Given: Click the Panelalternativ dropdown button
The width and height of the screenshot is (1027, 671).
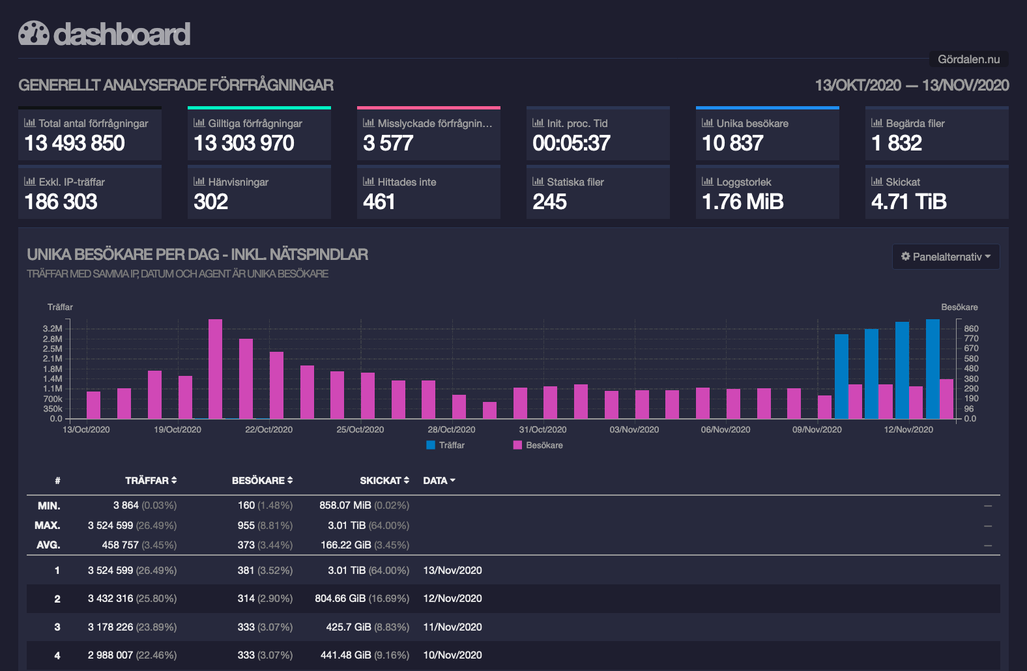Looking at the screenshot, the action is [x=946, y=257].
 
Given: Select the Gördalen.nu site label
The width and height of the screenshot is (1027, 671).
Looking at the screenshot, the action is [x=968, y=59].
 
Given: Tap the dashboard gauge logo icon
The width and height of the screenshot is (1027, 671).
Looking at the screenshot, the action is [x=33, y=33].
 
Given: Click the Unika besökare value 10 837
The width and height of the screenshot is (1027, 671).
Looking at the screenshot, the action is [x=732, y=143].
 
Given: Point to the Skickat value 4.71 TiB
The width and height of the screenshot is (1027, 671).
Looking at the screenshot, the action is [x=908, y=202].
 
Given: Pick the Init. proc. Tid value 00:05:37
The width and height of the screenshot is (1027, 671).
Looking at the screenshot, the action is [x=571, y=143].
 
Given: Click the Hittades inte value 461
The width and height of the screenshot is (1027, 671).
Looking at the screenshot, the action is [x=379, y=202].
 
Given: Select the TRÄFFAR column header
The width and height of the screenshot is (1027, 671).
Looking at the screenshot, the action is [x=151, y=480].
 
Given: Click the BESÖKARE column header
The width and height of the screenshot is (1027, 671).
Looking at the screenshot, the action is [x=262, y=480].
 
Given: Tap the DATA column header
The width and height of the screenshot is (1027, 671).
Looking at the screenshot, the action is [x=439, y=480].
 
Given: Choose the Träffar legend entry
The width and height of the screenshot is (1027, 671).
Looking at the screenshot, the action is [x=445, y=445].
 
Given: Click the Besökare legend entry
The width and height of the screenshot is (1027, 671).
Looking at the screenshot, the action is [x=538, y=445].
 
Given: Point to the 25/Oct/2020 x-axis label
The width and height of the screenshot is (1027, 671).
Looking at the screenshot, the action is [x=360, y=429].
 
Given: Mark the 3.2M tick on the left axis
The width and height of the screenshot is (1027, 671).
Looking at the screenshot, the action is [x=52, y=328].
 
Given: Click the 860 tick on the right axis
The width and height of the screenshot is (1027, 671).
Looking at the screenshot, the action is [x=971, y=328].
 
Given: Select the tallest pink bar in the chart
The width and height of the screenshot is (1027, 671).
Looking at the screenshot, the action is [x=216, y=369].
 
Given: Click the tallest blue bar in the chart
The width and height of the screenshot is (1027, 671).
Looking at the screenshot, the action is [x=933, y=369].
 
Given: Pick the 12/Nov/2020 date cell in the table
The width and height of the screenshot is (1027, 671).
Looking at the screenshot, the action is [x=452, y=598].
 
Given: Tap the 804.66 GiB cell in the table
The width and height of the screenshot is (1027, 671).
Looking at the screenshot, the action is [x=340, y=598].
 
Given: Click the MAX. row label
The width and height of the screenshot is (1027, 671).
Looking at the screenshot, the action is [x=48, y=525].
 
